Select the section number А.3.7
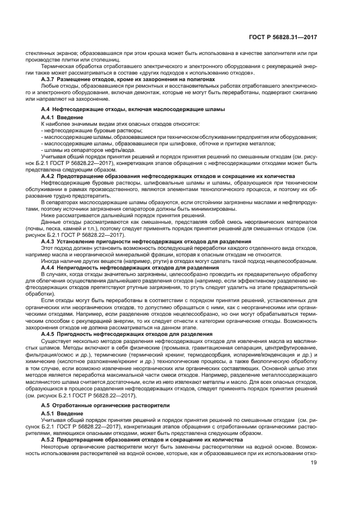point(50,79)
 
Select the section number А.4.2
point(50,176)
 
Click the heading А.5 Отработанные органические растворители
point(98,406)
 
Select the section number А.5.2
point(50,439)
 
